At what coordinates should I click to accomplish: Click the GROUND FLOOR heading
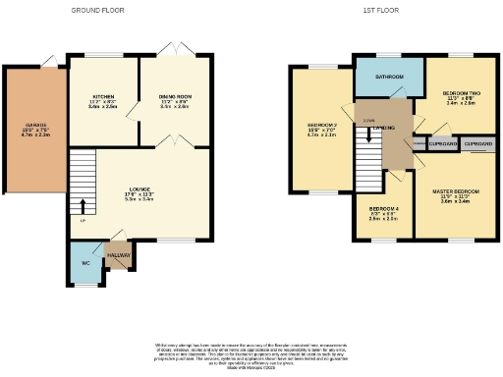click(x=98, y=9)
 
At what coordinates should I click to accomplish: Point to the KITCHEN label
click(x=103, y=96)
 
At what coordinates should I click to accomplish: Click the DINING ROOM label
click(x=174, y=96)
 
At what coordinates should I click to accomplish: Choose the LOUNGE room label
click(x=140, y=188)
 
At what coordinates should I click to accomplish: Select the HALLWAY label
click(x=119, y=254)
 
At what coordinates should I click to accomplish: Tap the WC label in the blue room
click(x=85, y=262)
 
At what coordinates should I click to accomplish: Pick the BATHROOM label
click(x=388, y=76)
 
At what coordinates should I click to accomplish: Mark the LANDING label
click(x=384, y=127)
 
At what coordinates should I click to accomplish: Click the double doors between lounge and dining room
click(x=174, y=143)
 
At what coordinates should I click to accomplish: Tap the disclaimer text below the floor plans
click(x=251, y=353)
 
